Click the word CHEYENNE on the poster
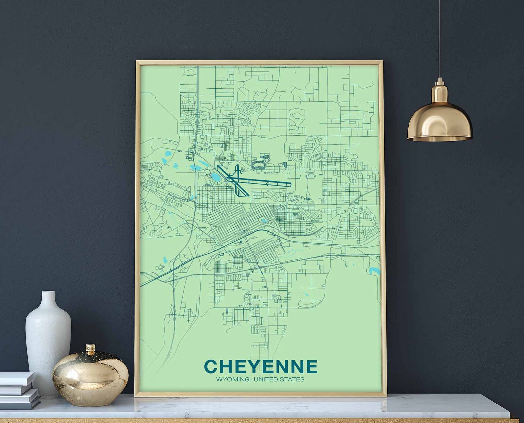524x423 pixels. [261, 366]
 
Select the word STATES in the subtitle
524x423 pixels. [291, 379]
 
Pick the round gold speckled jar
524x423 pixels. [90, 373]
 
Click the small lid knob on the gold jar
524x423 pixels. [91, 348]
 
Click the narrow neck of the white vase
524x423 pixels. [49, 299]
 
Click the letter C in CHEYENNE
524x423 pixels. [211, 366]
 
